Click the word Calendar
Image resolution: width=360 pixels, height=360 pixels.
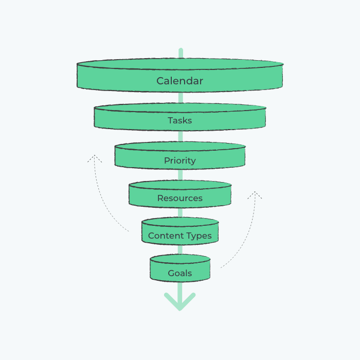point(180,81)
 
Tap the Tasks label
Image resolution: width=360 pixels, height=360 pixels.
point(180,120)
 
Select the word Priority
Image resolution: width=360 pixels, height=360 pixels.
point(180,160)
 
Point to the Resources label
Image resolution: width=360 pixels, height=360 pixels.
point(180,198)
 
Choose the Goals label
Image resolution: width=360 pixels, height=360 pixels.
point(180,273)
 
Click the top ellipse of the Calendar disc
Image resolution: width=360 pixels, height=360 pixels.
point(180,64)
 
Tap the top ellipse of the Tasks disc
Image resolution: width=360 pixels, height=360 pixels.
point(180,107)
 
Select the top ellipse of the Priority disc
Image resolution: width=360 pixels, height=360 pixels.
point(180,146)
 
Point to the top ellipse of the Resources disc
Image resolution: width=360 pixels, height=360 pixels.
point(180,185)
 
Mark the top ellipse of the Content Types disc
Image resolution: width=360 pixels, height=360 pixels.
point(180,222)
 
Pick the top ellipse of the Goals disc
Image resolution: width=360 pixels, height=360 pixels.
point(180,259)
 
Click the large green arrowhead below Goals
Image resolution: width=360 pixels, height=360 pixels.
point(180,302)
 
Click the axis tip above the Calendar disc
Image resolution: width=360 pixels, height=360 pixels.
point(181,49)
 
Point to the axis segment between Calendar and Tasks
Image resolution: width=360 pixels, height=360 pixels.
point(181,98)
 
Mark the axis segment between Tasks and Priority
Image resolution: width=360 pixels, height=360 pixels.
point(181,136)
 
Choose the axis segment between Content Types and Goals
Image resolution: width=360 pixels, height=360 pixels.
point(180,249)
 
